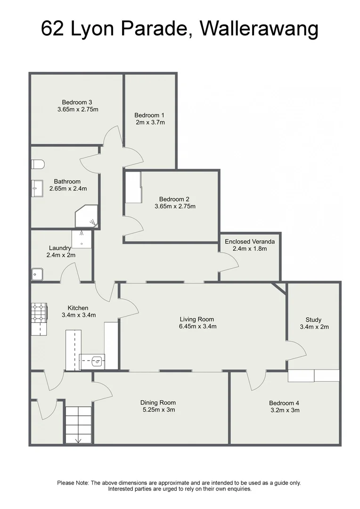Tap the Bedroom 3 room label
coord(77,102)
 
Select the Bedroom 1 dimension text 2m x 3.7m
coord(149,123)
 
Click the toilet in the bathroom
coord(38,164)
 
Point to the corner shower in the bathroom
coord(86,216)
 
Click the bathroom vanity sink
coord(37,187)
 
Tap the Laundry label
coord(60,248)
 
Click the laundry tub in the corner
coord(37,274)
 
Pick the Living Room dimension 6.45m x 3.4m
coord(197,326)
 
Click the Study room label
coord(314,320)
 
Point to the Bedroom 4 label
coord(284,403)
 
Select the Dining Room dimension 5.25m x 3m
coord(158,410)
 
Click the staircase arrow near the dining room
coord(78,440)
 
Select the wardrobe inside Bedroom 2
coord(133,187)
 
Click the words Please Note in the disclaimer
coord(73,483)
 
